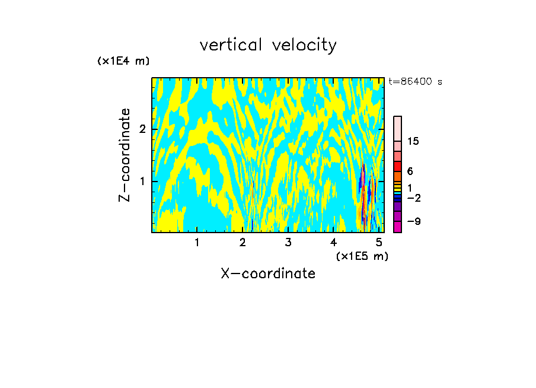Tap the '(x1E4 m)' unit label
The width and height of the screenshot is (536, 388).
point(123,61)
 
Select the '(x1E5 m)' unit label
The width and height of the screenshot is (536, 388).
point(362,256)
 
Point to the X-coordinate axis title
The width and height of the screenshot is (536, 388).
point(268,273)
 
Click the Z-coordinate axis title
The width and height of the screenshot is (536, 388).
point(125,155)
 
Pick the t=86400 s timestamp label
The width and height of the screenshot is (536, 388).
point(415,82)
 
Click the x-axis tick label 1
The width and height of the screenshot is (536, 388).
point(197,242)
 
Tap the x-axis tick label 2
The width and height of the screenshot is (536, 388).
point(243,242)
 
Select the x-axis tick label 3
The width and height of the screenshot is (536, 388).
point(288,242)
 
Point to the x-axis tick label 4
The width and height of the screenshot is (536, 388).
point(333,242)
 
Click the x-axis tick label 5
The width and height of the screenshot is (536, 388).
point(379,242)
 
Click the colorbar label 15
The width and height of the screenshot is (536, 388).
point(413,141)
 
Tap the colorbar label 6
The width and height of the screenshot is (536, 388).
point(410,171)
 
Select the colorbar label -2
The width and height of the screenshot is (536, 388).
point(413,198)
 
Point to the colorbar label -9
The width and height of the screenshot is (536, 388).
point(413,221)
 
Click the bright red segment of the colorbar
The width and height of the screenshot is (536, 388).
point(397,166)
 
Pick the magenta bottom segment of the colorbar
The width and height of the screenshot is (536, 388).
point(397,227)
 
